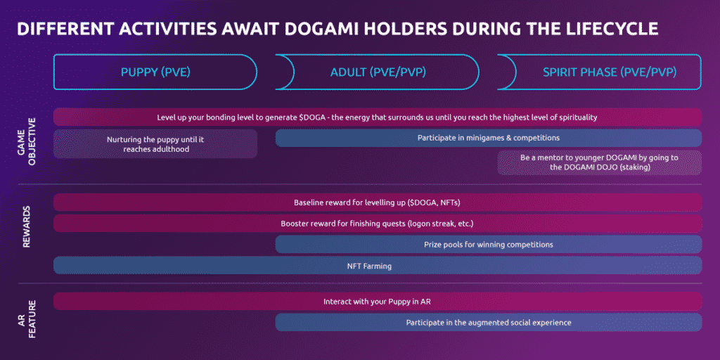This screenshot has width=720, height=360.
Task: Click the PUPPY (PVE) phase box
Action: [155, 72]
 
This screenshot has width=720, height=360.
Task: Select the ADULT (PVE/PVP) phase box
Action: [378, 72]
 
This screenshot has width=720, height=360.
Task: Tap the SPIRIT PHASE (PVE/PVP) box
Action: [600, 72]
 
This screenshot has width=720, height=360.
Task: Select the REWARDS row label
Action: [26, 227]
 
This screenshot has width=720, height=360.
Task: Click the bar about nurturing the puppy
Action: [155, 143]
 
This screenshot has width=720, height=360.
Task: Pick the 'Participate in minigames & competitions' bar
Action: [489, 138]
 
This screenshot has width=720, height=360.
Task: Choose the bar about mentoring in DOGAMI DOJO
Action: [600, 162]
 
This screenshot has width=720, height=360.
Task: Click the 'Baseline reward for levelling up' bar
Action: [378, 202]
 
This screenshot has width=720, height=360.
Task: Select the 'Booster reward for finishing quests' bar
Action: [378, 224]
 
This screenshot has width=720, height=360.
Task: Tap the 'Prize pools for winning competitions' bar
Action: [489, 244]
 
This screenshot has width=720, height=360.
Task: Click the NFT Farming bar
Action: [378, 265]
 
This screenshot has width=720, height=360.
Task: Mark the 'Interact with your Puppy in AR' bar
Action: [378, 302]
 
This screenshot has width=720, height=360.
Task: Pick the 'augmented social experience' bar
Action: [489, 322]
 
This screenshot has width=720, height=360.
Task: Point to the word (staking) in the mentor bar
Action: [635, 167]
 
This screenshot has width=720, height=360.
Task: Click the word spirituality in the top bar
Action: [578, 117]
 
